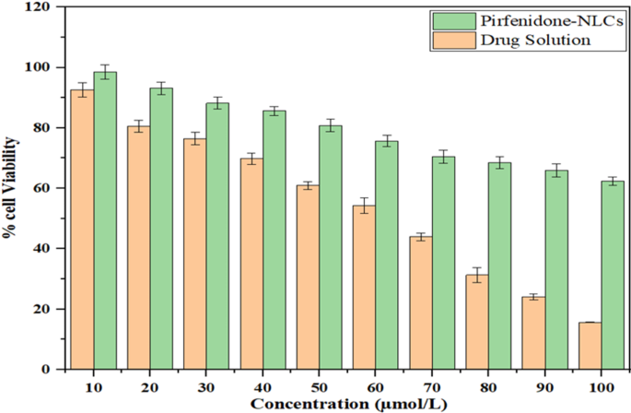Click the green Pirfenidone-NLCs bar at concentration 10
pyautogui.click(x=105, y=221)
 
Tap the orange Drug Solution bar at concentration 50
pyautogui.click(x=308, y=277)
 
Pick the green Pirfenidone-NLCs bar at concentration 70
pyautogui.click(x=444, y=263)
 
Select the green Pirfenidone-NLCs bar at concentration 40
pyautogui.click(x=275, y=240)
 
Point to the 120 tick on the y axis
pyautogui.click(x=46, y=7)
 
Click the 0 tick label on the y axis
pyautogui.click(x=53, y=369)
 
